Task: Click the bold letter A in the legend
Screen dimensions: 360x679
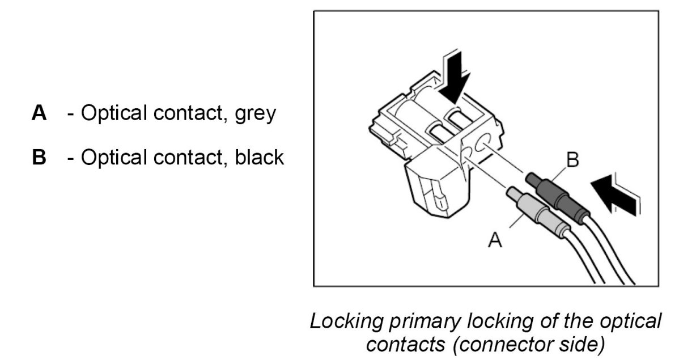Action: tap(39, 113)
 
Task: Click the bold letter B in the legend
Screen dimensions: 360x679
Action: tap(39, 157)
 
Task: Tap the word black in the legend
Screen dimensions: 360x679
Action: tap(258, 157)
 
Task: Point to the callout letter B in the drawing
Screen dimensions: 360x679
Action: tap(573, 160)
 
